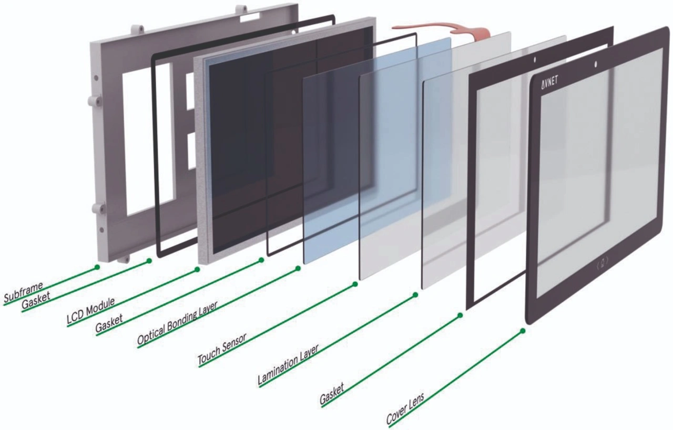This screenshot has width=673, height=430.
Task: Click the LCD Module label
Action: click(x=91, y=310)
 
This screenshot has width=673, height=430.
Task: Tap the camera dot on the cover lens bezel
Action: click(x=596, y=65)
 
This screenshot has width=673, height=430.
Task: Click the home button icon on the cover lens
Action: click(x=603, y=260)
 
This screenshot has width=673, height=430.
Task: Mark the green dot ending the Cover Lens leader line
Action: click(x=523, y=331)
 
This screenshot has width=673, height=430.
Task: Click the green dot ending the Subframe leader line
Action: click(x=97, y=267)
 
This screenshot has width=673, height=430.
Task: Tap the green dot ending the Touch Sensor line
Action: click(x=355, y=284)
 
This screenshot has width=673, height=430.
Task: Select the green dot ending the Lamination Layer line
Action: click(x=415, y=295)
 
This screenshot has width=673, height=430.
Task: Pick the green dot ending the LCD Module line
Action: click(x=197, y=269)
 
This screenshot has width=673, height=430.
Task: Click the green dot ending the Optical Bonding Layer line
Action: click(x=298, y=268)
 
